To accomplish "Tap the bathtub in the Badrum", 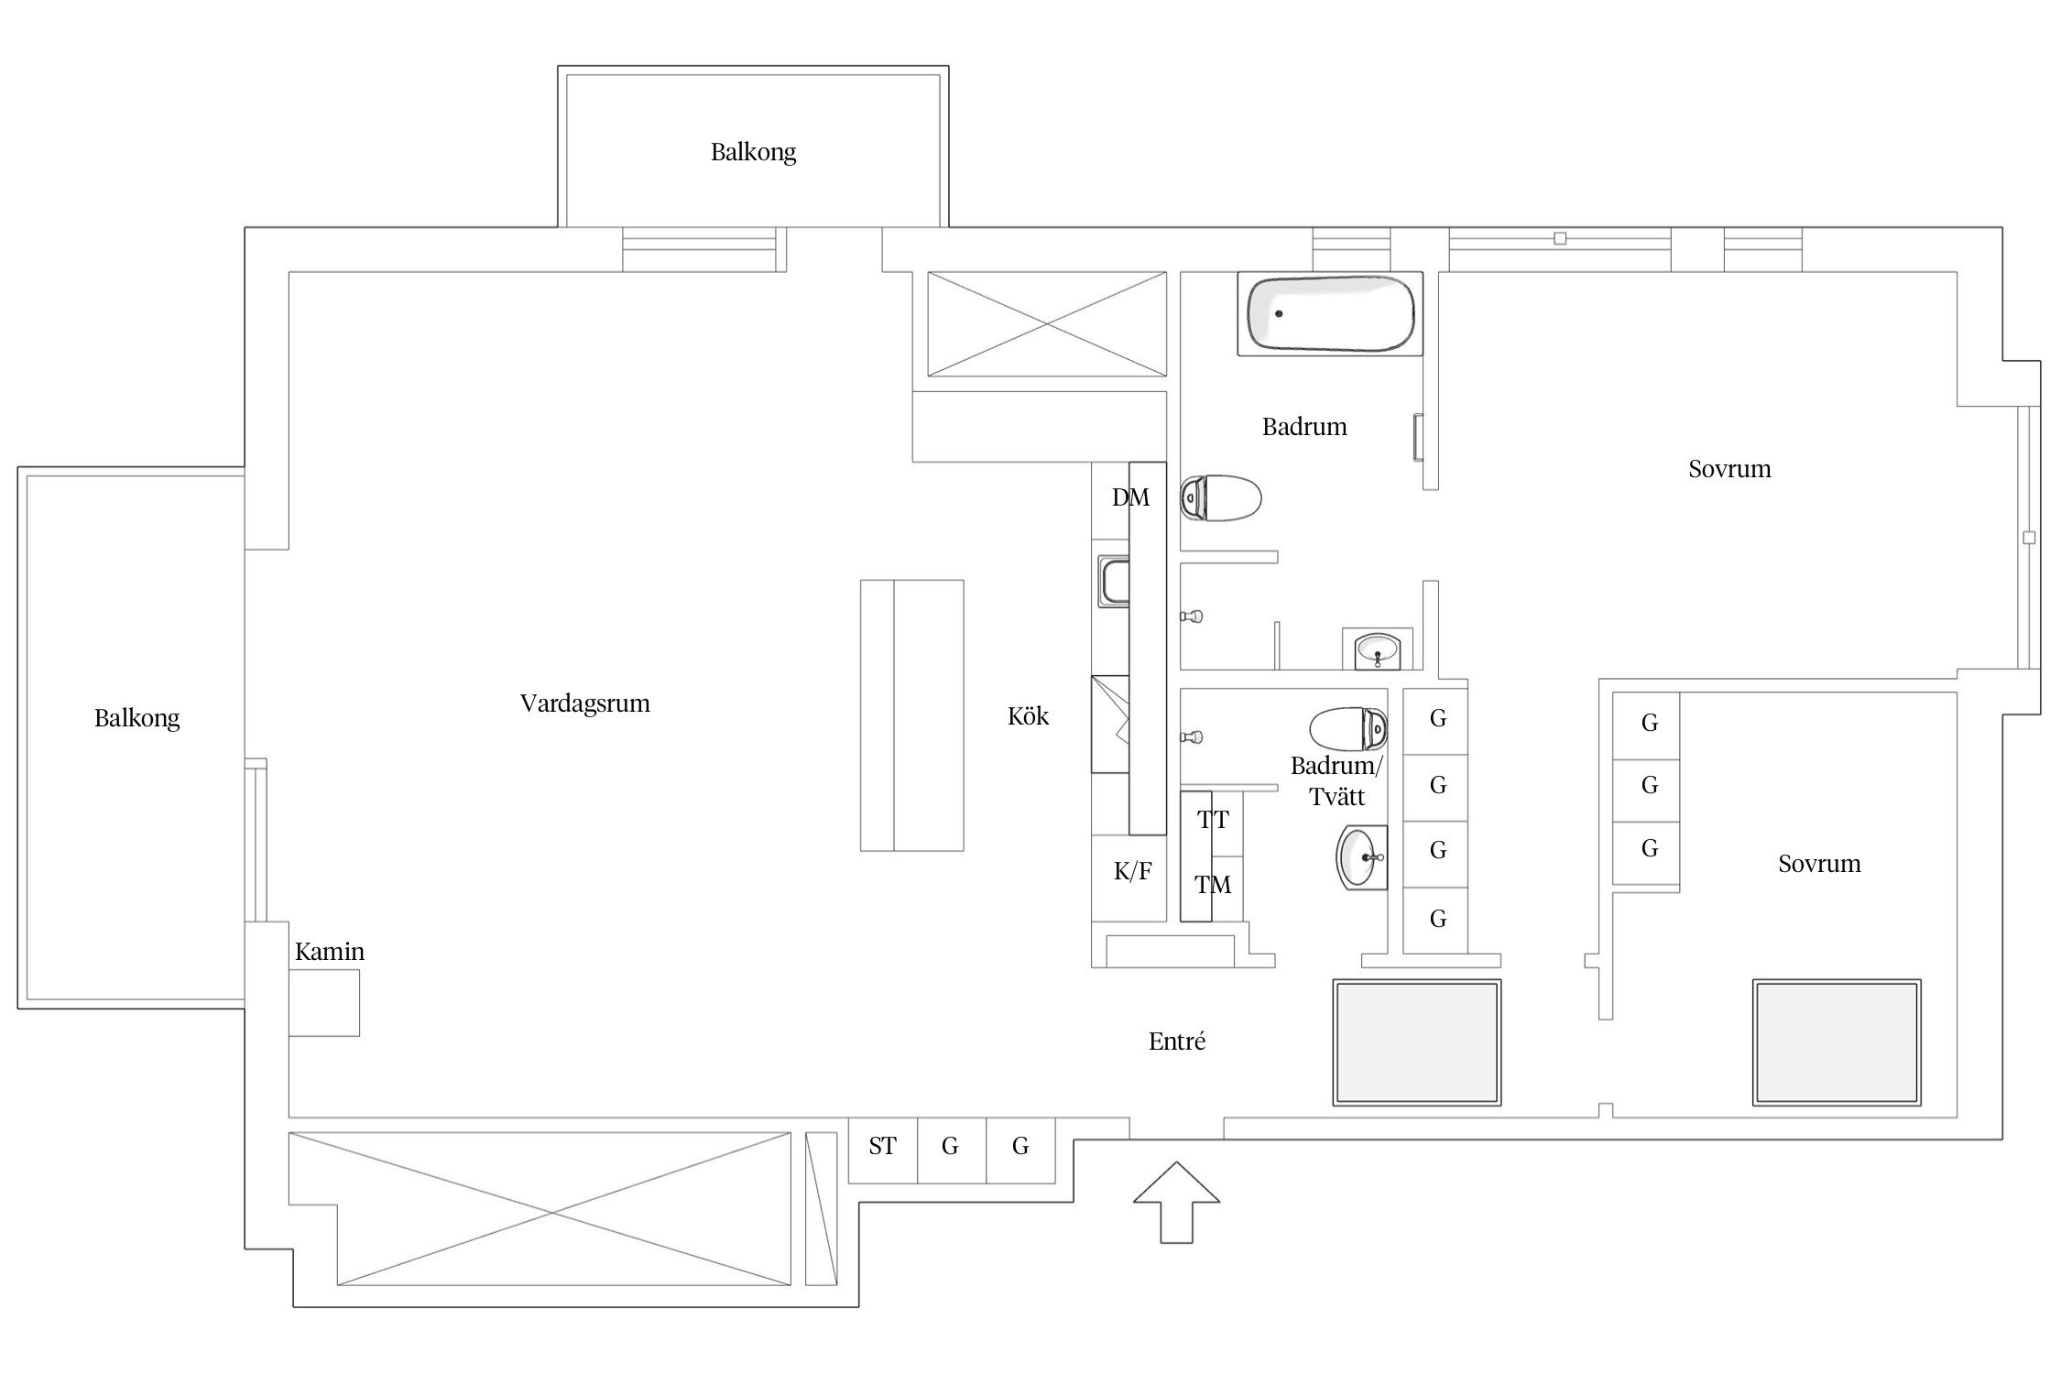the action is (x=1330, y=313).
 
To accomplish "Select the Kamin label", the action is (x=330, y=952).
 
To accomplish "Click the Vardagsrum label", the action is (x=585, y=703).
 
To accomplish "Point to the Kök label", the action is (x=1028, y=716).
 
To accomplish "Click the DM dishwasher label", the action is (x=1130, y=497).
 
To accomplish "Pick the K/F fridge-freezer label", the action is (x=1132, y=871).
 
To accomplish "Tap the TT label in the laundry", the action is (x=1214, y=820).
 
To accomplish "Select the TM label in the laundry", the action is (x=1213, y=885).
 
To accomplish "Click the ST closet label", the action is (x=882, y=1146).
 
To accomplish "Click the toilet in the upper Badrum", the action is (x=1220, y=498).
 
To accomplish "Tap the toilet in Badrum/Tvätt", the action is (x=1348, y=729).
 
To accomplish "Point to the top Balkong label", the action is (x=754, y=152).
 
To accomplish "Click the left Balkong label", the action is (x=137, y=718).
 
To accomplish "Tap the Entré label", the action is (x=1177, y=1041).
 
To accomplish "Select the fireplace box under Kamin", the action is (x=324, y=1003).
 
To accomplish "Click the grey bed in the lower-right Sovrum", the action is (x=1837, y=1042).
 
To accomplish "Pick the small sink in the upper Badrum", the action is (x=1378, y=649).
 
